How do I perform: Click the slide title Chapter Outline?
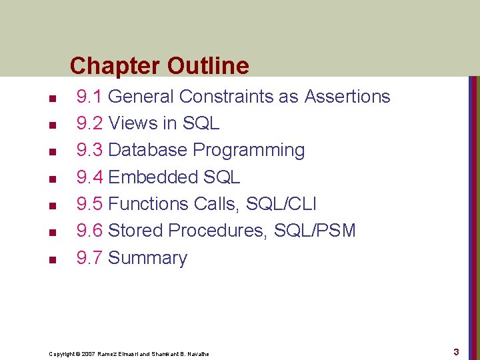[159, 65]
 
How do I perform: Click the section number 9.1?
[89, 97]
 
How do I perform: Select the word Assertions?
[347, 97]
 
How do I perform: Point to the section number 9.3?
[89, 150]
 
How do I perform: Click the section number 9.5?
[89, 204]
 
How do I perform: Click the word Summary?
[147, 258]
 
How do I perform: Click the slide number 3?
[456, 351]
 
